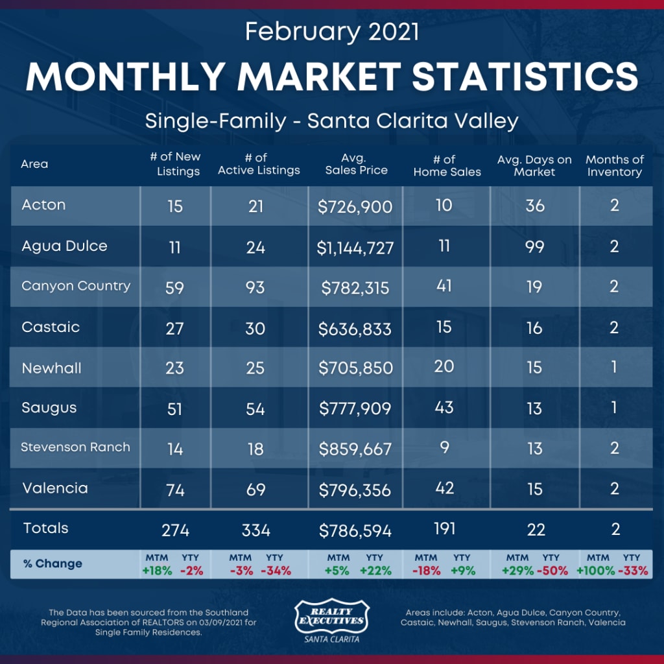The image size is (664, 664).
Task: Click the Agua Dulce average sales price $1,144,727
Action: [355, 248]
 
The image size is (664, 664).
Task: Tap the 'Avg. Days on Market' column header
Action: [534, 166]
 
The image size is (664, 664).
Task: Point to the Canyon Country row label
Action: [76, 286]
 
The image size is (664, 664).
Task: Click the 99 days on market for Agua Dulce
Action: [534, 246]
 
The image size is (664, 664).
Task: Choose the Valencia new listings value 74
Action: [175, 490]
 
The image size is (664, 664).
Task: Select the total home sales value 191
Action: [444, 528]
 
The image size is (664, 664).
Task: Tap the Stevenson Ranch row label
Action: [75, 447]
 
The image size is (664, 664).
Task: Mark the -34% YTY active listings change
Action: [276, 571]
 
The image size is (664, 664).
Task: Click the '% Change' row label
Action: [53, 563]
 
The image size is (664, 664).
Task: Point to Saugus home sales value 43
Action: [444, 407]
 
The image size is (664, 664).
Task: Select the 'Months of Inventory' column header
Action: [614, 166]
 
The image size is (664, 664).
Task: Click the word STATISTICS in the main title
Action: [525, 77]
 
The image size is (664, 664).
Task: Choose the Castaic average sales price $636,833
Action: [355, 329]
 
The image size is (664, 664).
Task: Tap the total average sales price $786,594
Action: [355, 531]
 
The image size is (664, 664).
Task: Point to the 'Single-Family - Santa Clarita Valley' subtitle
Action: [331, 121]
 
